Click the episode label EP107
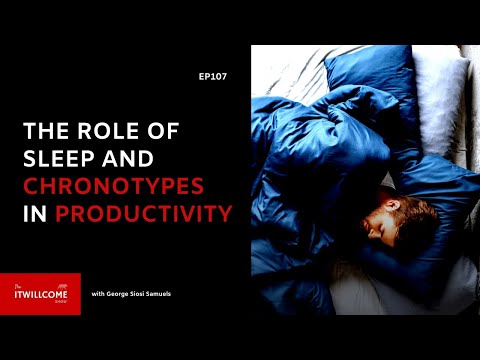click(x=212, y=76)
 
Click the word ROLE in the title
click(x=106, y=130)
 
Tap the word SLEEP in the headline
click(x=63, y=158)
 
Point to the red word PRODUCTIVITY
click(x=143, y=213)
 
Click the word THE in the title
click(x=45, y=130)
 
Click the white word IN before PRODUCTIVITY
click(x=35, y=213)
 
